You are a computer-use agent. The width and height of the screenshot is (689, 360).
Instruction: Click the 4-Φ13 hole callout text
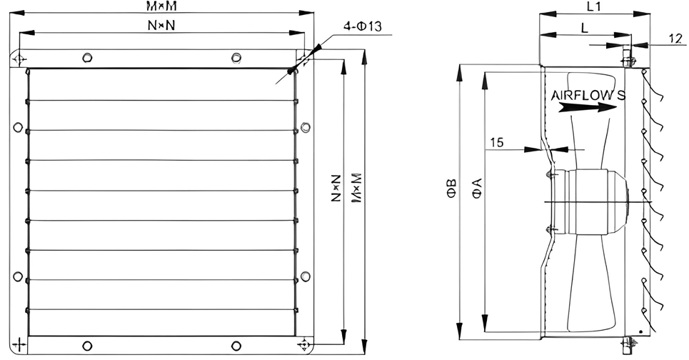click(363, 26)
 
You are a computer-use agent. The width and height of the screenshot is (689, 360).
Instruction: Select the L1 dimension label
click(593, 6)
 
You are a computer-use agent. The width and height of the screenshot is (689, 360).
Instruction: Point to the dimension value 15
click(497, 142)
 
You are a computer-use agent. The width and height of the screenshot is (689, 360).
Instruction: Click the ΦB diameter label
click(453, 188)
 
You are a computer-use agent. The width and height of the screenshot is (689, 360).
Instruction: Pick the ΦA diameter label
click(477, 188)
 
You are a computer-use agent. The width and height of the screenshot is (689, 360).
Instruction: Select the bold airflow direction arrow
click(587, 107)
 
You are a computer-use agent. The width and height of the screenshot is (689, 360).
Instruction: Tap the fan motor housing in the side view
click(589, 201)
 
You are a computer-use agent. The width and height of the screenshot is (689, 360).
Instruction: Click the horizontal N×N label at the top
click(161, 26)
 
